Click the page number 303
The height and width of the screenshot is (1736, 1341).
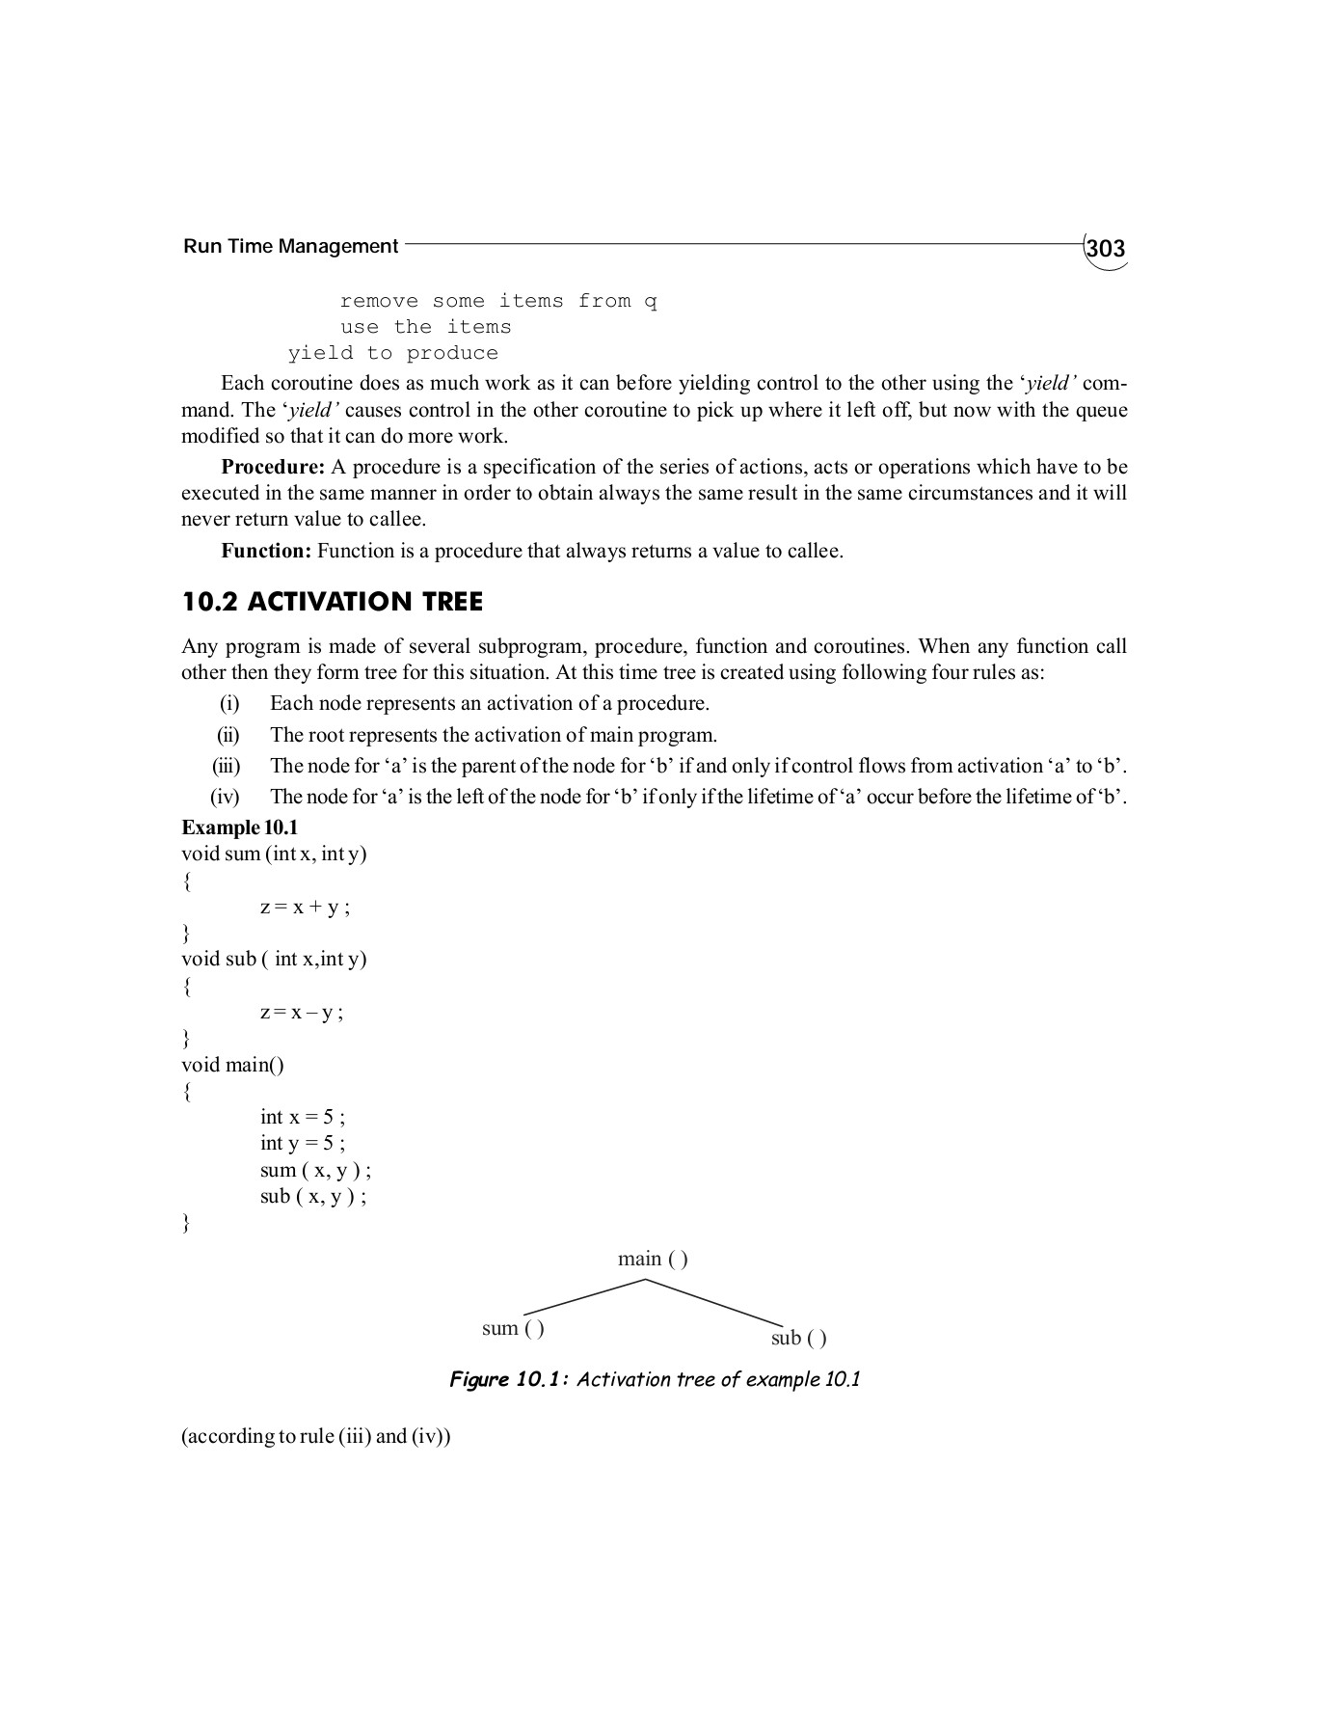click(x=1105, y=249)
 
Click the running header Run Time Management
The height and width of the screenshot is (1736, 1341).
click(x=290, y=246)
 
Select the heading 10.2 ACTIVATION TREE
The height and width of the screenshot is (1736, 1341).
click(x=333, y=602)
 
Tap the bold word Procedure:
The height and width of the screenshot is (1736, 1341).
click(x=273, y=467)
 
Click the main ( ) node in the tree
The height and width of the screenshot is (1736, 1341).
click(x=653, y=1259)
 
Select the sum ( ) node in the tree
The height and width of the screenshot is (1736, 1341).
click(x=513, y=1328)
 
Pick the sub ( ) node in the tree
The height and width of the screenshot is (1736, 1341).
click(x=798, y=1338)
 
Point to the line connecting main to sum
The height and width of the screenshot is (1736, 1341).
click(x=583, y=1297)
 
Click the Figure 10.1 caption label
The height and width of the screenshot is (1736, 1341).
click(x=511, y=1379)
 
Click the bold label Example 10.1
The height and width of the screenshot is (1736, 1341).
click(x=240, y=827)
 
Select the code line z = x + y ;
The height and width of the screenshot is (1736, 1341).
click(x=305, y=907)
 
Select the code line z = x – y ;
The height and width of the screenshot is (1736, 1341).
click(x=302, y=1012)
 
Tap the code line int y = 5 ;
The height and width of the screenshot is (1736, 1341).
click(x=302, y=1143)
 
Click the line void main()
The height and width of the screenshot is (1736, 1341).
click(x=232, y=1065)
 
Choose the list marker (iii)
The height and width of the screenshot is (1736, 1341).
click(x=227, y=766)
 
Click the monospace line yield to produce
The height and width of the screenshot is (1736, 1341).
click(x=393, y=353)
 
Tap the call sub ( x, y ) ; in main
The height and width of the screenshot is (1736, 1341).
click(x=313, y=1196)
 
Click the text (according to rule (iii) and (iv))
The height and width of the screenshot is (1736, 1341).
click(x=316, y=1436)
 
